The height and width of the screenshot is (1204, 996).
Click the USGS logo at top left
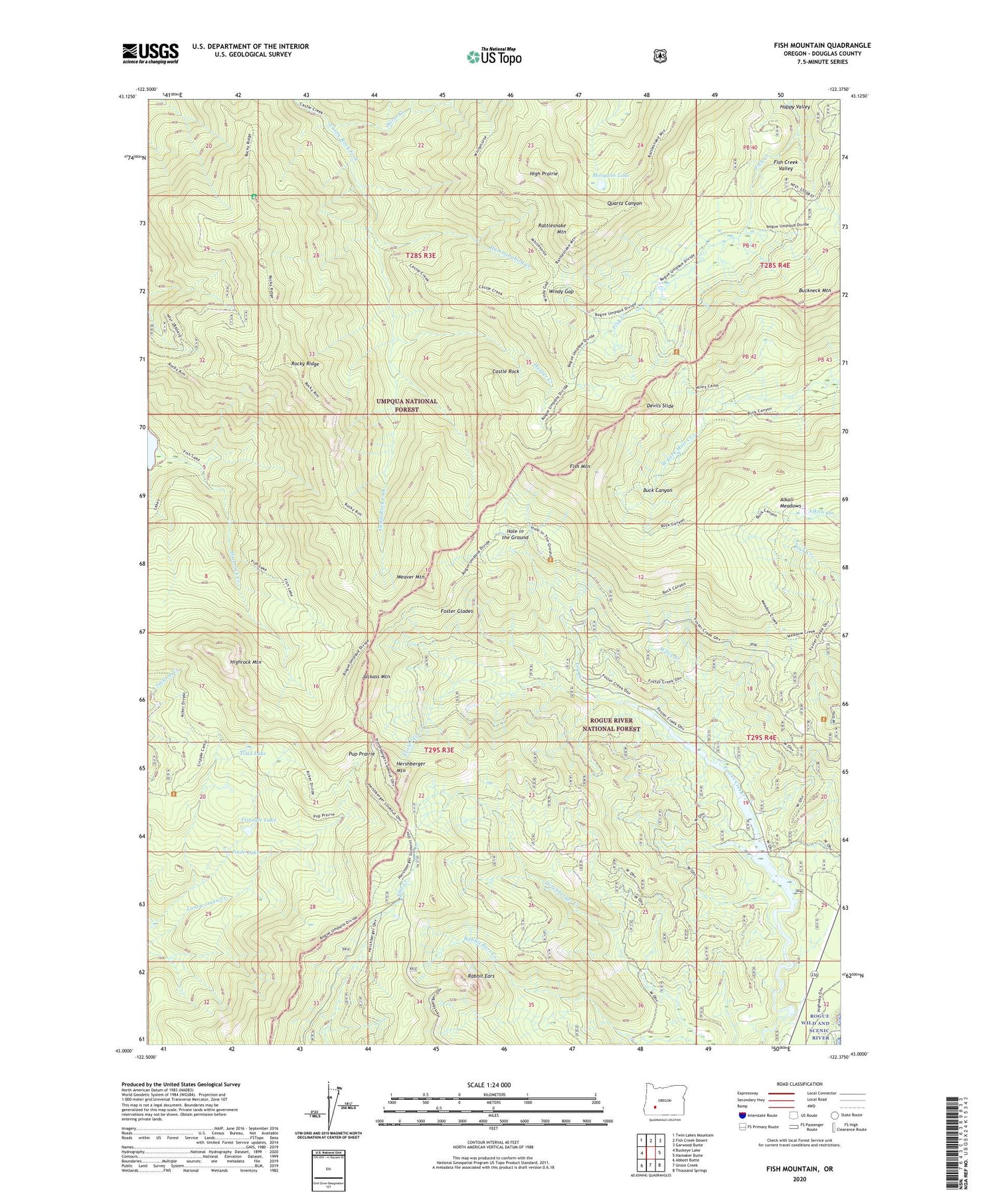[x=150, y=53]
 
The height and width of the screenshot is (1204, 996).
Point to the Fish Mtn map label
[x=579, y=467]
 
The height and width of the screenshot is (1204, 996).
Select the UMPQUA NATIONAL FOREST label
[x=407, y=405]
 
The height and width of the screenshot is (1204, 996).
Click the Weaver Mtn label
[x=410, y=577]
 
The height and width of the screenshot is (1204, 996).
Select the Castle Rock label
[x=505, y=371]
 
